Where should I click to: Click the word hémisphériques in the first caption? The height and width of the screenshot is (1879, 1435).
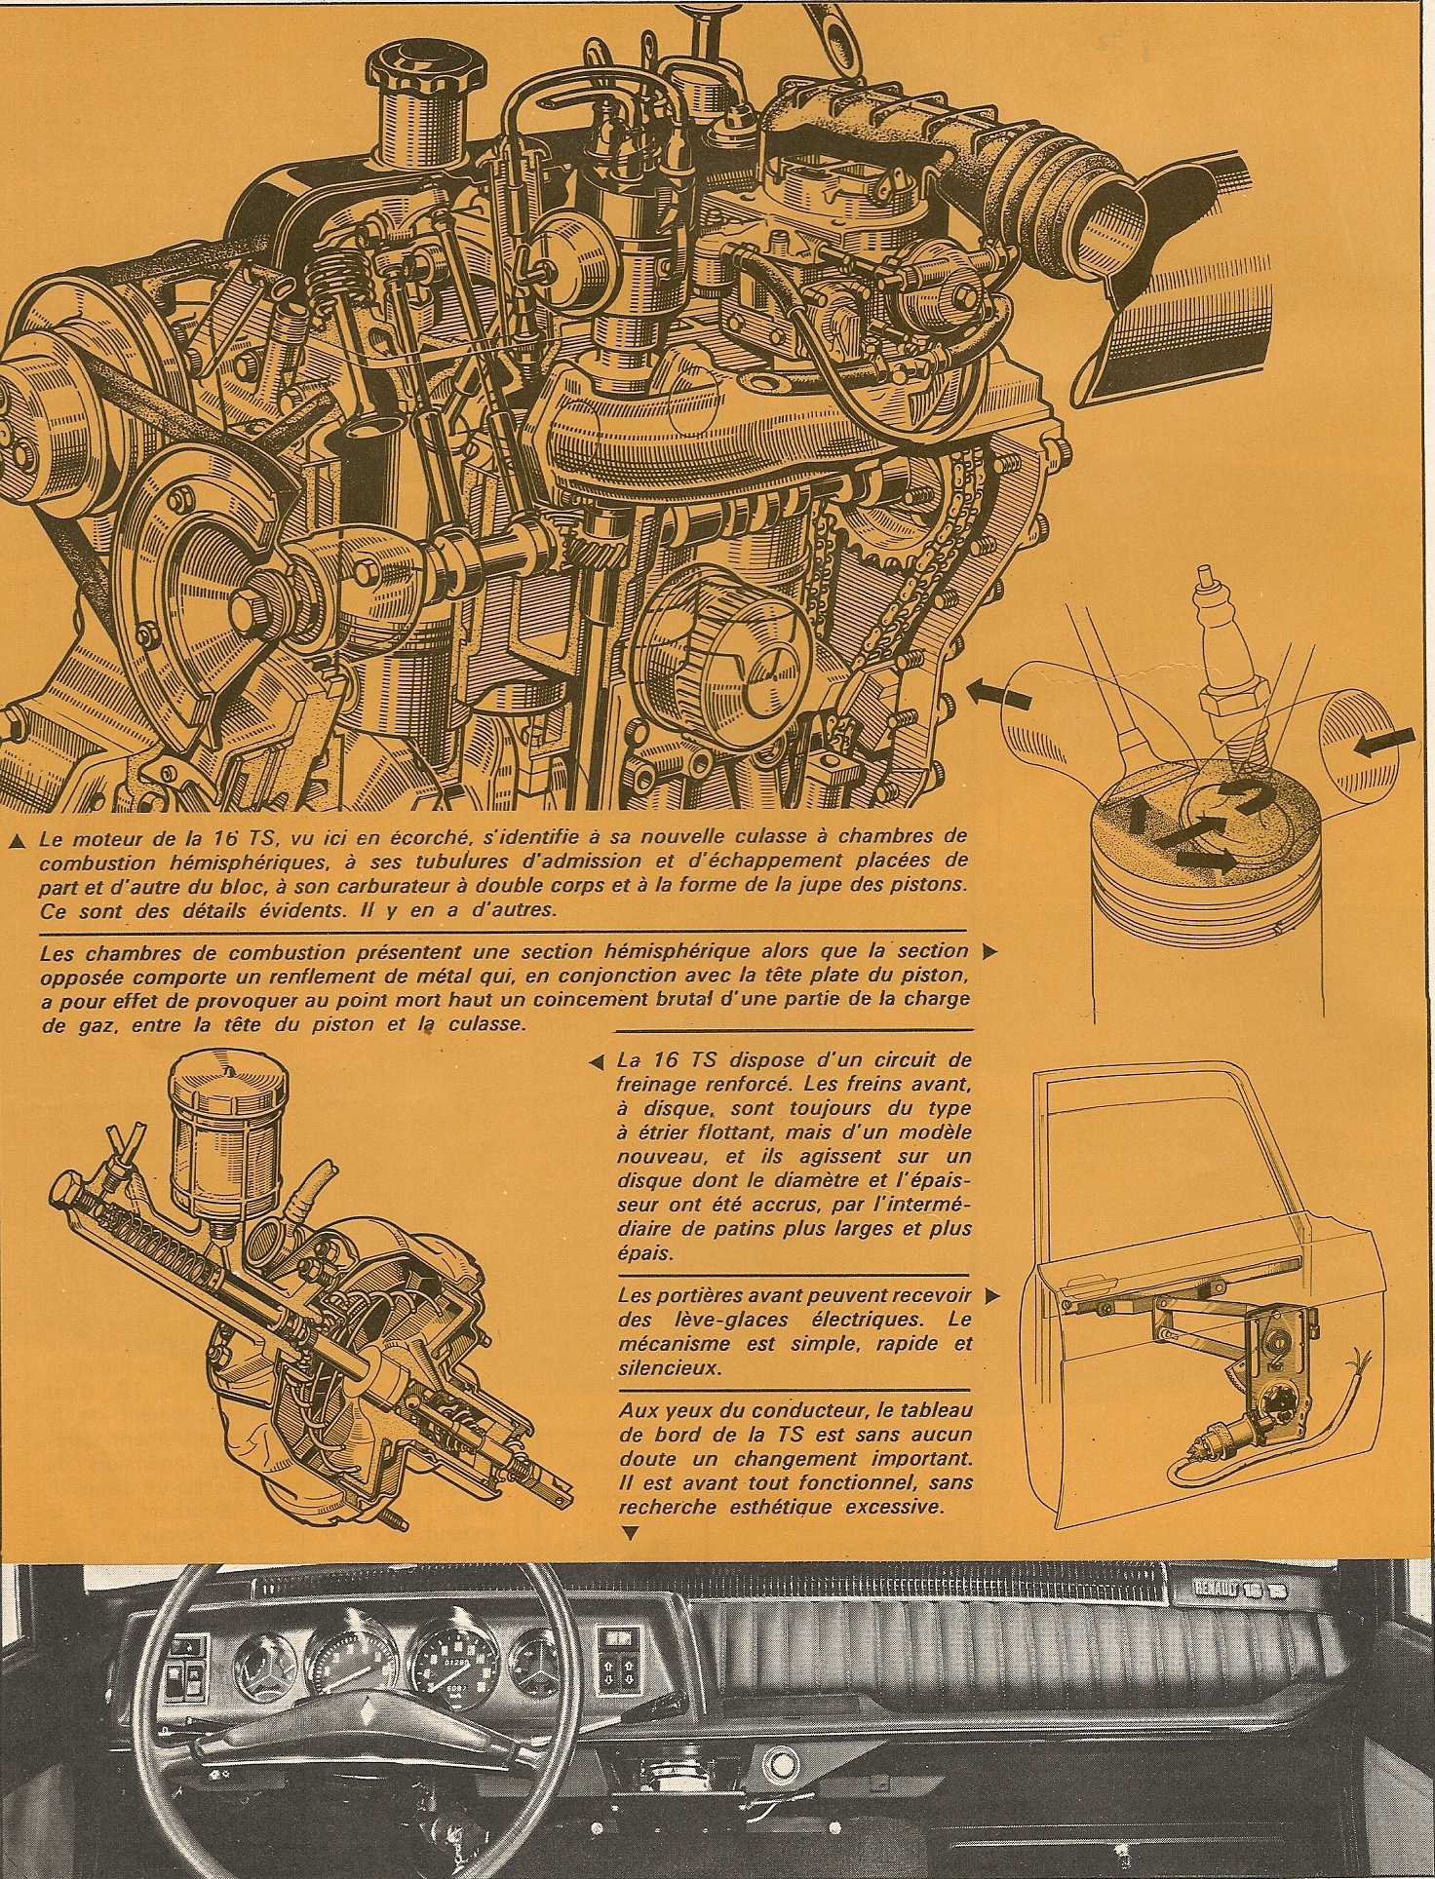[x=225, y=862]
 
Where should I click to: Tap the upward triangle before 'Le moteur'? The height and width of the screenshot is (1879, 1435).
[x=19, y=837]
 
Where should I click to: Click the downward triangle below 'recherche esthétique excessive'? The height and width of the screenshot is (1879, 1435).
[x=629, y=1533]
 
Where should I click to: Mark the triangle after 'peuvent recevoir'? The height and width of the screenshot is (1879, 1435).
[x=990, y=1296]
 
